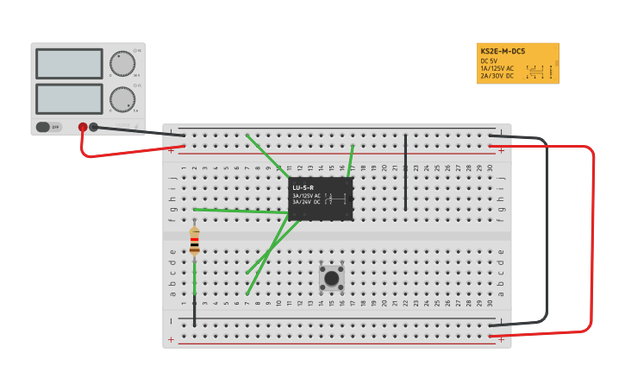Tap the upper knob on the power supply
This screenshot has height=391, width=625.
pyautogui.click(x=122, y=63)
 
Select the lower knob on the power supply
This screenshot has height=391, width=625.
pyautogui.click(x=122, y=99)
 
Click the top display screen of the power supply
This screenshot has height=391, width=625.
pyautogui.click(x=69, y=64)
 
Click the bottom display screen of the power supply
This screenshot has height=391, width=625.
pyautogui.click(x=69, y=98)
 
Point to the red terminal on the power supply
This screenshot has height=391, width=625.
pyautogui.click(x=83, y=127)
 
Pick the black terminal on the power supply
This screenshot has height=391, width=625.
pyautogui.click(x=94, y=127)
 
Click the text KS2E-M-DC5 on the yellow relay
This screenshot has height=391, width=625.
pyautogui.click(x=503, y=52)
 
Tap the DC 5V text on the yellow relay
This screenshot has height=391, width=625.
pyautogui.click(x=489, y=60)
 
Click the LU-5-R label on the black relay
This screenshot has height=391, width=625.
pyautogui.click(x=303, y=187)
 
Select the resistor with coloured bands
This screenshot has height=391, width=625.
pyautogui.click(x=195, y=241)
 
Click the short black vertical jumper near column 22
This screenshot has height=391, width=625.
pyautogui.click(x=405, y=173)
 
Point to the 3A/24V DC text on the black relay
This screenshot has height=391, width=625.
pyautogui.click(x=307, y=202)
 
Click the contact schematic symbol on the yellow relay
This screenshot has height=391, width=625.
pyautogui.click(x=536, y=73)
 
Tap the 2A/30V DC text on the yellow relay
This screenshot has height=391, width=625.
pyautogui.click(x=497, y=76)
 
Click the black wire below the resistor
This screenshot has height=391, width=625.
pyautogui.click(x=195, y=311)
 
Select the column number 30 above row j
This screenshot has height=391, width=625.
pyautogui.click(x=490, y=168)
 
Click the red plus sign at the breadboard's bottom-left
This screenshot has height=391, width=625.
pyautogui.click(x=171, y=339)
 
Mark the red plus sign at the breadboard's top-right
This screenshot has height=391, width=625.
pyautogui.click(x=502, y=150)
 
